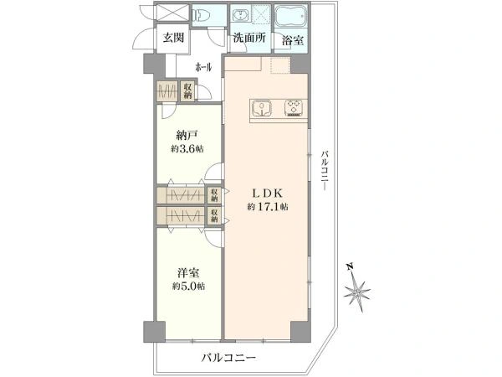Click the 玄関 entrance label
pyautogui.click(x=173, y=38)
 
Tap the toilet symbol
pyautogui.click(x=199, y=14)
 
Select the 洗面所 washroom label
pyautogui.click(x=249, y=38)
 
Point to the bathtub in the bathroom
pyautogui.click(x=290, y=15)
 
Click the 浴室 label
pyautogui.click(x=293, y=41)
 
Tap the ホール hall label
pyautogui.click(x=203, y=67)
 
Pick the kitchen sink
pyautogui.click(x=262, y=108)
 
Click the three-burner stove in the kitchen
pyautogui.click(x=294, y=108)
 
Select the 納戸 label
pyautogui.click(x=187, y=135)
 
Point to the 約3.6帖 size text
pyautogui.click(x=187, y=149)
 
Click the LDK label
pyautogui.click(x=268, y=194)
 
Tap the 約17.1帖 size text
pyautogui.click(x=268, y=207)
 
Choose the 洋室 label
pyautogui.click(x=188, y=273)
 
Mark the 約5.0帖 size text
pyautogui.click(x=188, y=286)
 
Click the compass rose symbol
pyautogui.click(x=357, y=292)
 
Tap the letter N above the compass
pyautogui.click(x=351, y=266)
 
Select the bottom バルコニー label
pyautogui.click(x=228, y=358)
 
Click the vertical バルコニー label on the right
pyautogui.click(x=325, y=171)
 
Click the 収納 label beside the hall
pyautogui.click(x=187, y=91)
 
